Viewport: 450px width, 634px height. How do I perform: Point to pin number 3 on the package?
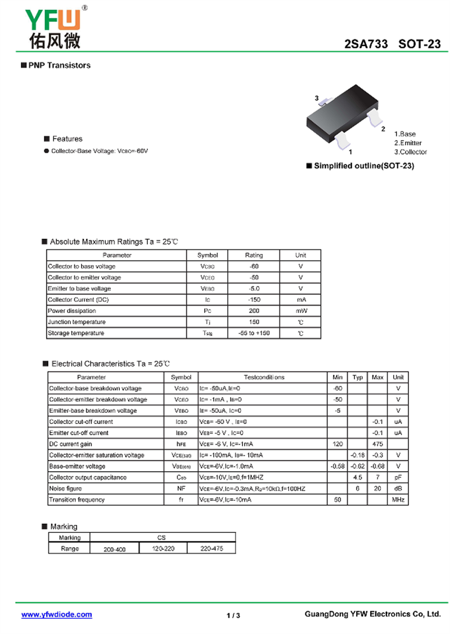(x=317, y=98)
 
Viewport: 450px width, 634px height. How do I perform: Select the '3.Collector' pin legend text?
(x=410, y=152)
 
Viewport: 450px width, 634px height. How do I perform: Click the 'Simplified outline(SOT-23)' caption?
(x=363, y=166)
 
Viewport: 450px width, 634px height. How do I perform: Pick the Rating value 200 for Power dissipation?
(x=254, y=311)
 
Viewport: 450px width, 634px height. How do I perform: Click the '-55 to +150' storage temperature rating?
(x=254, y=333)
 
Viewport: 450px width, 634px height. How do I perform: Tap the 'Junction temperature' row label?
(x=76, y=322)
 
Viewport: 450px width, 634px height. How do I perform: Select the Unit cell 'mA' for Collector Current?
(x=300, y=300)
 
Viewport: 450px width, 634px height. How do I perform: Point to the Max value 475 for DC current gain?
(x=377, y=444)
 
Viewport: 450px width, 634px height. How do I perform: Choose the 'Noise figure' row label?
(x=65, y=489)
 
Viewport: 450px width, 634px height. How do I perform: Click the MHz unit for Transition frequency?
(x=398, y=500)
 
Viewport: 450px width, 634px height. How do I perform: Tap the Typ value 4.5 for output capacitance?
(x=357, y=477)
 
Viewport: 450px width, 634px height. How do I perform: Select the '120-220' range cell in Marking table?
(x=163, y=549)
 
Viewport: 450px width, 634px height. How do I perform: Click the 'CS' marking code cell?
(x=162, y=537)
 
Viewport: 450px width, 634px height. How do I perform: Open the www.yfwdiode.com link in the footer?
(x=57, y=615)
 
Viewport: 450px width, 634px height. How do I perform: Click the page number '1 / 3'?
(x=233, y=615)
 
